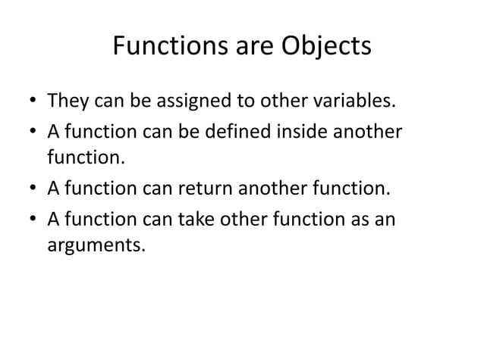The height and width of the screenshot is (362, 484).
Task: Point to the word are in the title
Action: pyautogui.click(x=243, y=47)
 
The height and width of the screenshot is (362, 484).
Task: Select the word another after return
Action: pyautogui.click(x=288, y=189)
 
